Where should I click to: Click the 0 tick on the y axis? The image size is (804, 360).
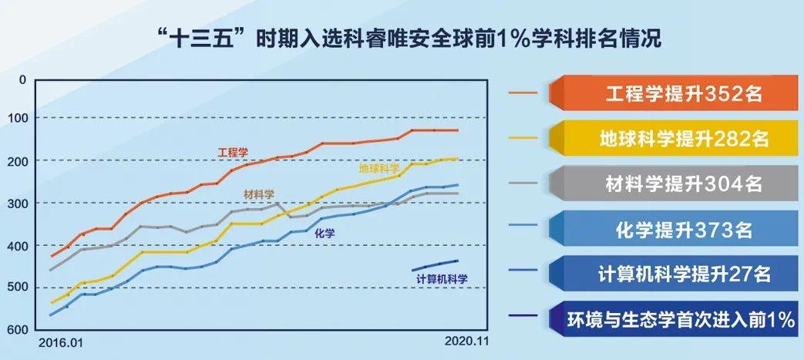point(22,79)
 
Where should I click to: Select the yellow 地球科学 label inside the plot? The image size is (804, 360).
point(379,168)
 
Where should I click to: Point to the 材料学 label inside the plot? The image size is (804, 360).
point(259,194)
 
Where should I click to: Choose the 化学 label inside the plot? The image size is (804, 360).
point(325,234)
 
